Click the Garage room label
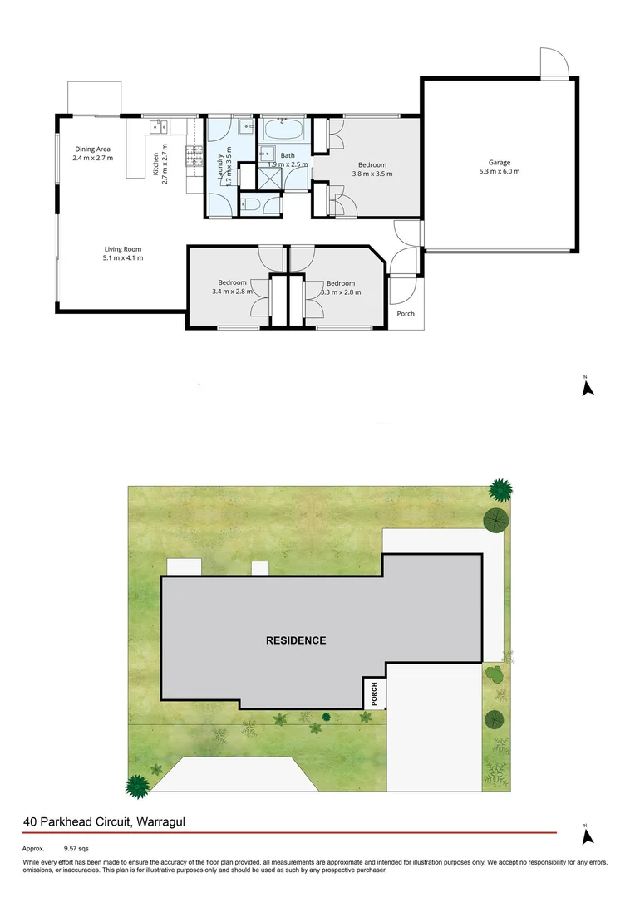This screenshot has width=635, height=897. coord(499,163)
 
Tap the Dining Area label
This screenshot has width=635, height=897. coord(92,149)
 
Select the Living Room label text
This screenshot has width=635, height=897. coord(123,249)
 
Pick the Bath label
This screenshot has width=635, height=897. coord(287,155)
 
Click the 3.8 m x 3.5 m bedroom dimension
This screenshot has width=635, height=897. coord(372,174)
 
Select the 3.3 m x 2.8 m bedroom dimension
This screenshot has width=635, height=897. coord(341,292)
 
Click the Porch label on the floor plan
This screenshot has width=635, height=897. coord(406,314)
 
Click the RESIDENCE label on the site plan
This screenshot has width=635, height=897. coord(296,640)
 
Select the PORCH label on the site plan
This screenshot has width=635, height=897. coord(375,694)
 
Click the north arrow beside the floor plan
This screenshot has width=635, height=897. coord(587,386)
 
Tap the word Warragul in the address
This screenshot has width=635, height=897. coord(158,822)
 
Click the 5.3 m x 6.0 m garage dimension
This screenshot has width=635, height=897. coord(499,172)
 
